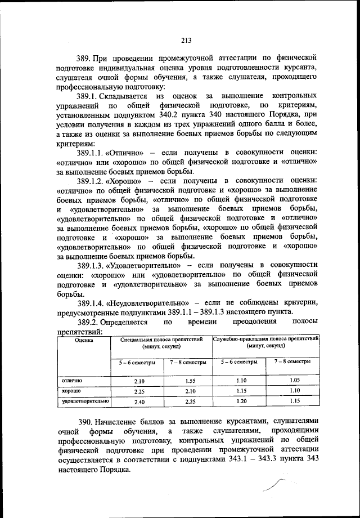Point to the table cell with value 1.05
click(x=292, y=381)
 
